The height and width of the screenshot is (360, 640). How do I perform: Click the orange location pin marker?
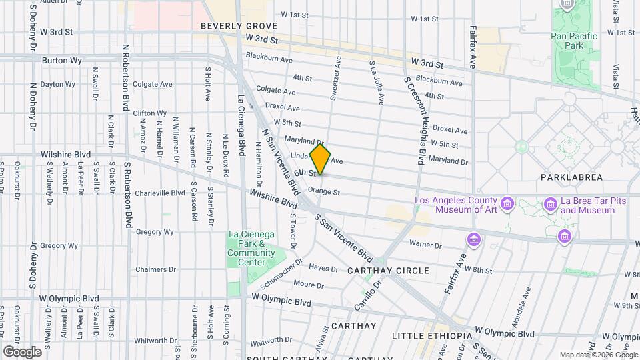(x=321, y=159)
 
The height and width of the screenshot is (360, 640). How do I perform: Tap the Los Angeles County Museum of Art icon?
(x=507, y=203)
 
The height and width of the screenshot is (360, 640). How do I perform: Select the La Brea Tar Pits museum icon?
(x=550, y=203)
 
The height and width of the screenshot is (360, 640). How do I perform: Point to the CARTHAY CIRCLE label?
(x=388, y=271)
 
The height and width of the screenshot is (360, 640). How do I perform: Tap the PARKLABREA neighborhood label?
(x=571, y=177)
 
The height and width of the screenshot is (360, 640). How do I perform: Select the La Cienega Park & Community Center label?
(x=251, y=243)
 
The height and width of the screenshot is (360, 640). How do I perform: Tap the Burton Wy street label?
(x=61, y=60)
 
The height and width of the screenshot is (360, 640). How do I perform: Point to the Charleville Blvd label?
(x=159, y=193)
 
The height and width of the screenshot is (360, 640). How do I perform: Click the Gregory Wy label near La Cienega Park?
(x=155, y=232)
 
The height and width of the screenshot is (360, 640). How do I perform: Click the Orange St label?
(x=324, y=193)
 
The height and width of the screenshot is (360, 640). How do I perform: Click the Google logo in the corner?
(x=22, y=351)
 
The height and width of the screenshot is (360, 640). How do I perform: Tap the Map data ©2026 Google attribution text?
(x=597, y=355)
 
